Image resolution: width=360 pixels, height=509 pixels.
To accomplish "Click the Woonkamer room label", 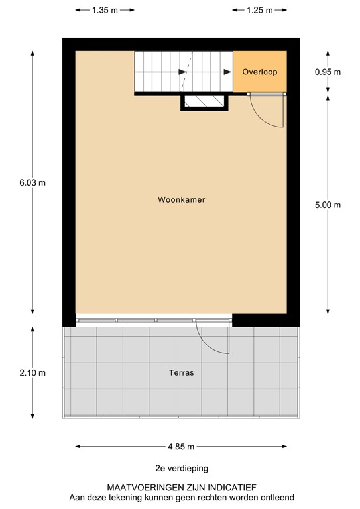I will coord(181,199).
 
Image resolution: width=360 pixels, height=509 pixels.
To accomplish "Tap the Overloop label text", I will coord(259,72).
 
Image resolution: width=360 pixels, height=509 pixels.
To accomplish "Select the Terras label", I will coord(181,373).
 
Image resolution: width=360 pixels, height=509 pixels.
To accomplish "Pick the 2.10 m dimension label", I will coord(33,373).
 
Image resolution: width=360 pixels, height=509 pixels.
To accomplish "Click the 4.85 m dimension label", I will coord(181,446).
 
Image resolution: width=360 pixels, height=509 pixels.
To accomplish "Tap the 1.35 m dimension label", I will coord(105,10).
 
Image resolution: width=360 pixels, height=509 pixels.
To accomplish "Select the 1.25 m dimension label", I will coord(259,10).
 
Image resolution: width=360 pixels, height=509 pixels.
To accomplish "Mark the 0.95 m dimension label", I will coord(328,72).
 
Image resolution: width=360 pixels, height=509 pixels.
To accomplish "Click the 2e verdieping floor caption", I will coord(181,469).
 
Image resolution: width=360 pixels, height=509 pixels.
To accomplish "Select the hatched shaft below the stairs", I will coord(205,102).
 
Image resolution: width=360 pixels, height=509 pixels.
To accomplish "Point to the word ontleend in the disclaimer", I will coord(274,497).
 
